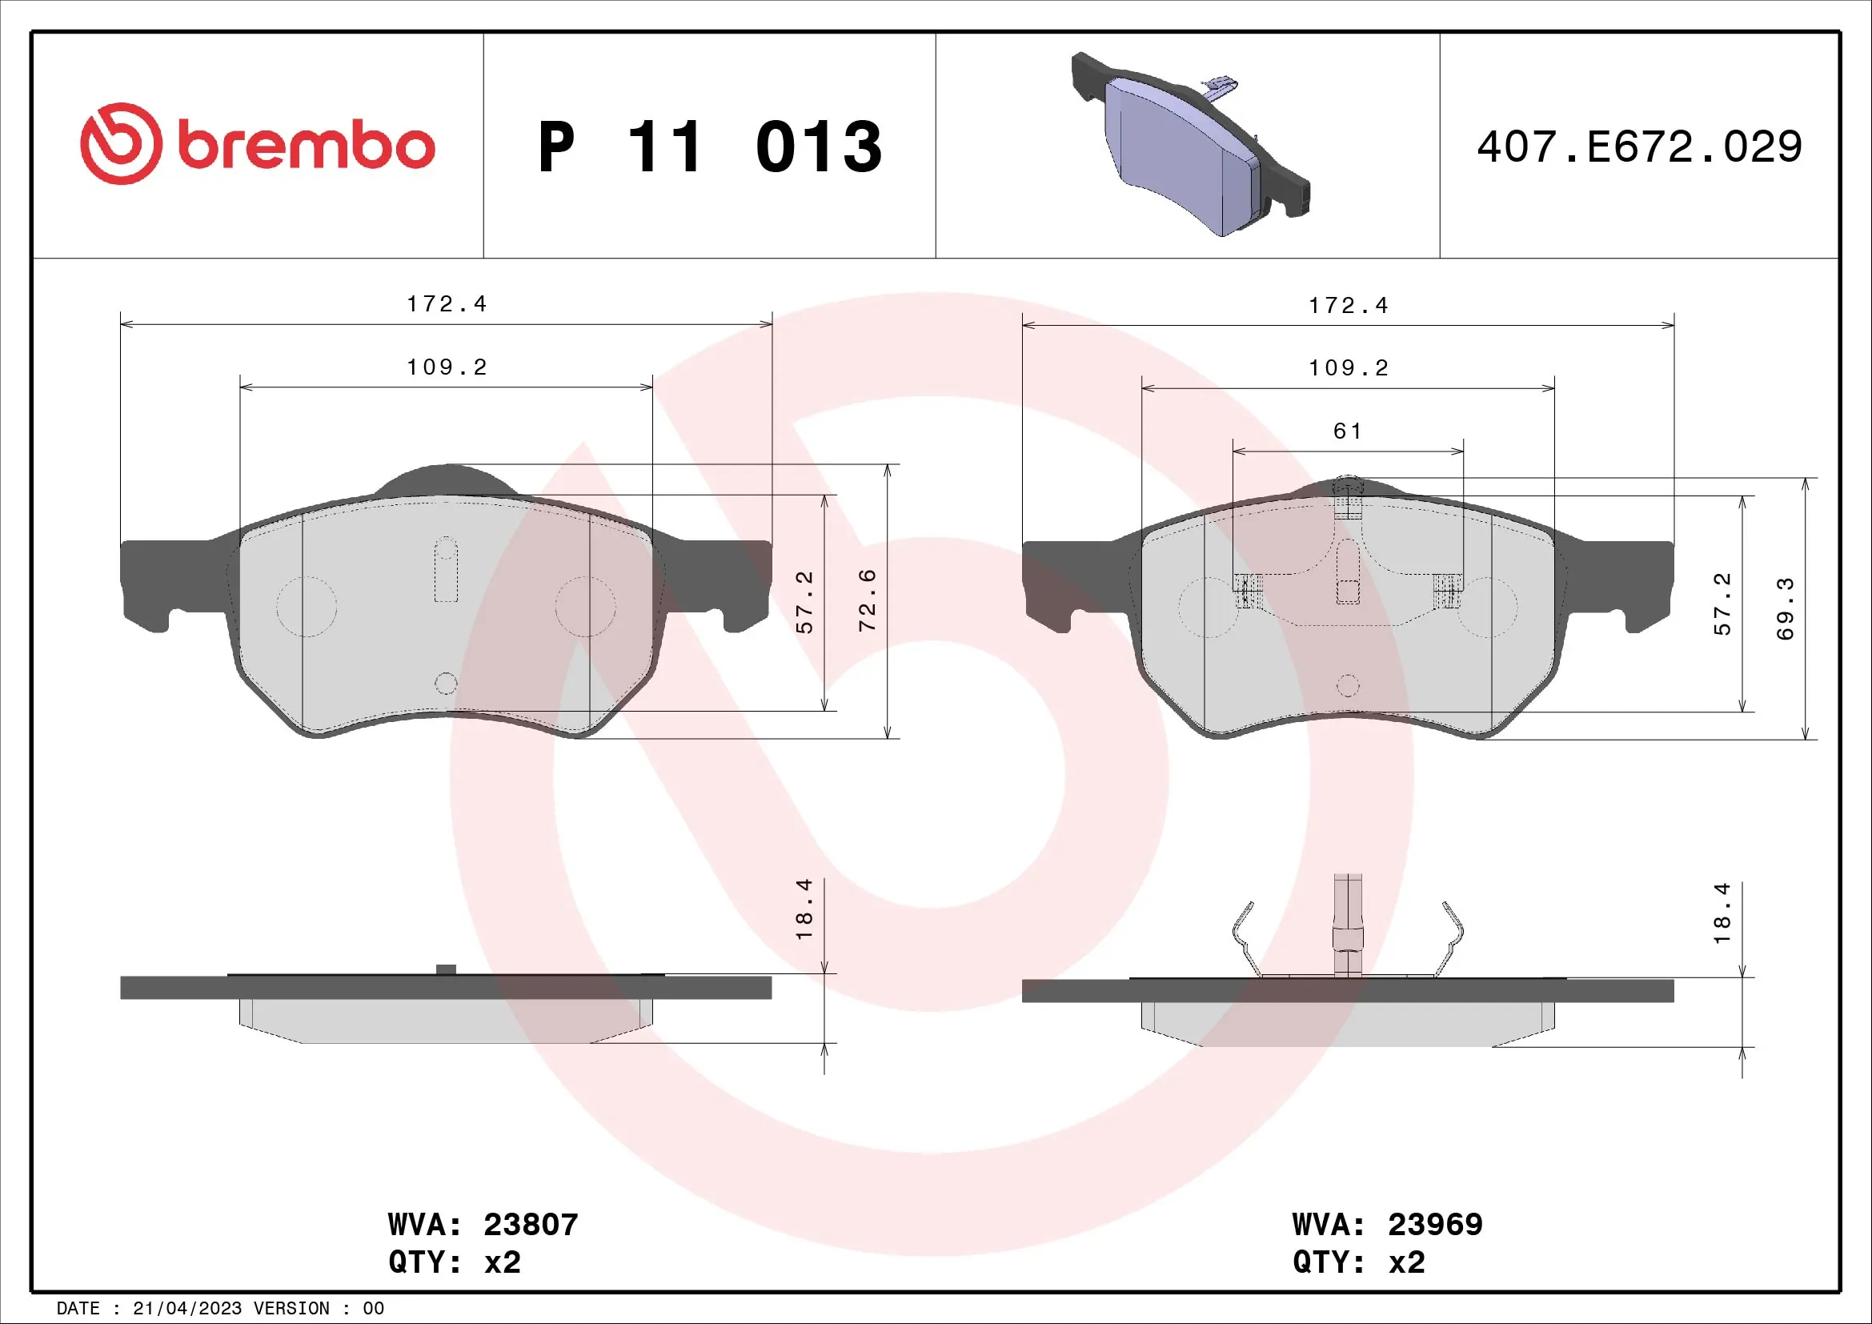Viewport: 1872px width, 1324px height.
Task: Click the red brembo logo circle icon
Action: (121, 143)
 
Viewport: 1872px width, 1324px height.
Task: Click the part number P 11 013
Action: (709, 146)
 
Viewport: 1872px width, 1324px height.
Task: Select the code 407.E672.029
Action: (1639, 146)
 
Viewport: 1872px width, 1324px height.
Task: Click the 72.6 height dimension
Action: (868, 600)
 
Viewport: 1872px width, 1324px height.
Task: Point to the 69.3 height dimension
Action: (1786, 608)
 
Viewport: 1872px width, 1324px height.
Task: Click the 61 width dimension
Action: (1347, 431)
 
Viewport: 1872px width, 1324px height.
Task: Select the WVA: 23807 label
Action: (483, 1225)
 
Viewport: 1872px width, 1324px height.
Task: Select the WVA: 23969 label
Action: (1387, 1225)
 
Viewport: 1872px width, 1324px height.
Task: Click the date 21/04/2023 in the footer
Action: (186, 1308)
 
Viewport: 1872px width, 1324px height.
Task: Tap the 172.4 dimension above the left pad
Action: (447, 304)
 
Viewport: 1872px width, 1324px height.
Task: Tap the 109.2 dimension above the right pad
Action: (1349, 367)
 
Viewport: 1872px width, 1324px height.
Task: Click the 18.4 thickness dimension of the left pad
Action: (804, 909)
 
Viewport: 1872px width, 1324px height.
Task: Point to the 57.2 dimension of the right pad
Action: (1722, 604)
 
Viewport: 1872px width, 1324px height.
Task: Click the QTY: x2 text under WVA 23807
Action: (454, 1262)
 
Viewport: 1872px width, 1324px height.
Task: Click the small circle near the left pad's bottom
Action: (446, 683)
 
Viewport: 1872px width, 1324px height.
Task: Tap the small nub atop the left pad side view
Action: (446, 969)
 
